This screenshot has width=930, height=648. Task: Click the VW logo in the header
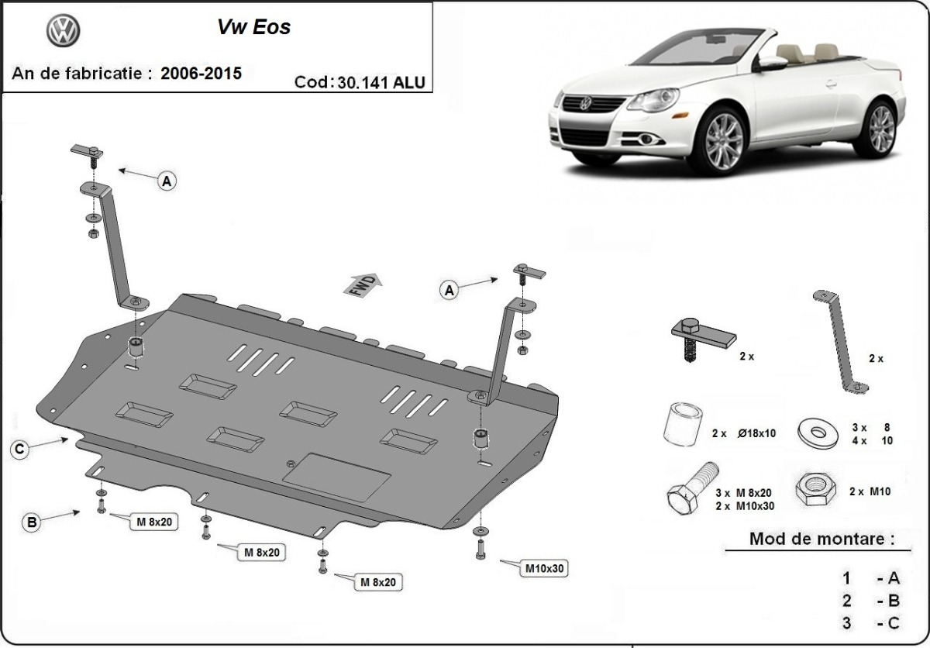click(x=64, y=31)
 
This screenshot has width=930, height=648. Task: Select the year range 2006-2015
click(x=201, y=74)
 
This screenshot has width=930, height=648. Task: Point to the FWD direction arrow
click(x=363, y=284)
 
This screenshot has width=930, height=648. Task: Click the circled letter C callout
click(x=21, y=448)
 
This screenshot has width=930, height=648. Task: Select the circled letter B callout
click(x=32, y=522)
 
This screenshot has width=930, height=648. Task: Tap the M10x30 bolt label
click(x=545, y=568)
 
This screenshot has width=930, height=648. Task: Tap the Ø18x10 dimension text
click(x=757, y=434)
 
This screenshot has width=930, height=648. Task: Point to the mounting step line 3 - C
click(x=872, y=622)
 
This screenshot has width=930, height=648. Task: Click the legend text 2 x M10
click(x=867, y=491)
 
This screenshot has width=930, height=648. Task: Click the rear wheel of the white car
click(x=880, y=127)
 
